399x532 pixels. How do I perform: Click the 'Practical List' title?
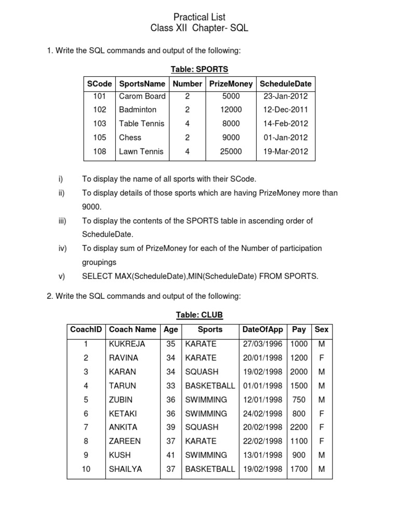(x=199, y=17)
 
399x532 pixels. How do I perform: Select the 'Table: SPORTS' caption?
(x=199, y=69)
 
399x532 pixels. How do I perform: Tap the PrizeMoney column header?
(x=231, y=84)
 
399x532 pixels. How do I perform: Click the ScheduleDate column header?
(x=285, y=84)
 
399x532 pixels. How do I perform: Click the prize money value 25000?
(x=231, y=152)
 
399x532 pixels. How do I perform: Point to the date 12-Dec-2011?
(x=286, y=110)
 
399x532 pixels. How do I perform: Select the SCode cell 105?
(x=100, y=138)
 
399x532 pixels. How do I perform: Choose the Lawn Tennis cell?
(x=141, y=152)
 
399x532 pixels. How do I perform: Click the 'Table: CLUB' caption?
(x=199, y=315)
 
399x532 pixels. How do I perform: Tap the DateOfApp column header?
(x=263, y=329)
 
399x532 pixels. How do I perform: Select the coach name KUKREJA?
(x=127, y=344)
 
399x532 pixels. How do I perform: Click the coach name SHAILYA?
(x=125, y=469)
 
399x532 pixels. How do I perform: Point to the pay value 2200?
(x=299, y=427)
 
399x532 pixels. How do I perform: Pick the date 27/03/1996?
(x=263, y=344)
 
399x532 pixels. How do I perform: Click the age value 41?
(x=170, y=455)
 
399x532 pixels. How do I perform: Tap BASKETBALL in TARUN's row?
(x=210, y=385)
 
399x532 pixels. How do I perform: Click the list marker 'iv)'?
(x=62, y=248)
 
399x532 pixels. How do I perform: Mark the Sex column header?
(x=321, y=329)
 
